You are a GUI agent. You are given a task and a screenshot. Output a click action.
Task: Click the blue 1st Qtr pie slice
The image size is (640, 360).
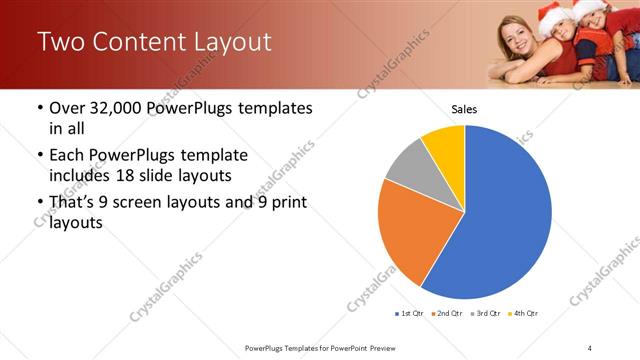click(x=505, y=215)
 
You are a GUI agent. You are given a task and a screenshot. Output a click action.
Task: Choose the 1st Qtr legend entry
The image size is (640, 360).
click(x=409, y=314)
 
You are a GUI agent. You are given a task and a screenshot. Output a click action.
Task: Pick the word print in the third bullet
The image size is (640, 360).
click(x=283, y=203)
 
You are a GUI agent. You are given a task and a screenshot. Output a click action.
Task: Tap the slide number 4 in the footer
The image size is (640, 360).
click(x=590, y=347)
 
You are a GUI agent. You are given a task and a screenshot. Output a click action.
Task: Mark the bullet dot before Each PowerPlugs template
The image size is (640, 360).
click(x=39, y=156)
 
